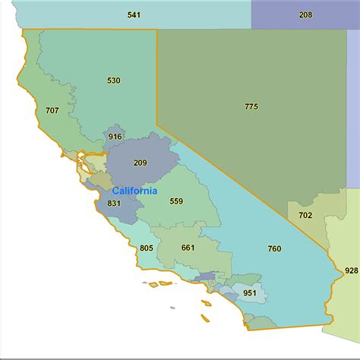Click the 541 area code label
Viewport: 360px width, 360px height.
point(134,14)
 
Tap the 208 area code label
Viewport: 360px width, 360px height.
point(305,14)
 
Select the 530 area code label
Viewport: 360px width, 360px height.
point(114,80)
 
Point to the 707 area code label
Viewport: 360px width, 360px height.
point(52,111)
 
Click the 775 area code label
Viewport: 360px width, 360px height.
point(251,106)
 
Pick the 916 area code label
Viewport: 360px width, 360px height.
point(115,137)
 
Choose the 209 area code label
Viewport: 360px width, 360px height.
point(140,163)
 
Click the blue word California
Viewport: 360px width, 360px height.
point(134,191)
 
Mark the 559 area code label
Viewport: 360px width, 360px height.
point(176,201)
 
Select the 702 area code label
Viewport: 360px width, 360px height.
point(305,215)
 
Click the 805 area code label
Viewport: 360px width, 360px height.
point(147,248)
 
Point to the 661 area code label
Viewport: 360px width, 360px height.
point(188,248)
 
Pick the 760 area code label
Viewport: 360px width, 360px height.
point(274,248)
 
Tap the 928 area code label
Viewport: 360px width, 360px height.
point(351,270)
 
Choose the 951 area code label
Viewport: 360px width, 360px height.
point(249,292)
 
